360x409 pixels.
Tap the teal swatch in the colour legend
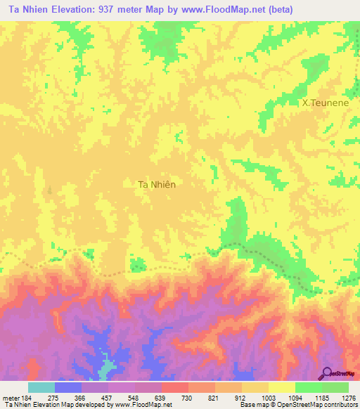point(41,387)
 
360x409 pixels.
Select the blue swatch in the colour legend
point(68,387)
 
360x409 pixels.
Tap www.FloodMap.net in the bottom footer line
point(141,405)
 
